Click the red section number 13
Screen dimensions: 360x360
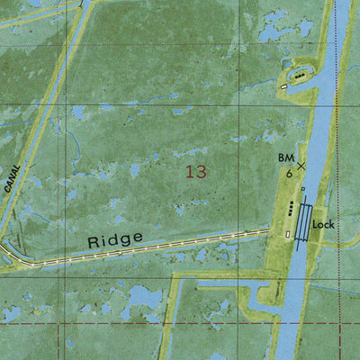click(195, 171)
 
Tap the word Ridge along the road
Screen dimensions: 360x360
click(115, 240)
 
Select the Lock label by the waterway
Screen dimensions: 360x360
click(337, 225)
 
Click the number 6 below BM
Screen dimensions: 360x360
click(288, 173)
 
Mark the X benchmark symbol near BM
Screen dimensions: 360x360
click(301, 166)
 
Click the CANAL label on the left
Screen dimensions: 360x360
click(12, 177)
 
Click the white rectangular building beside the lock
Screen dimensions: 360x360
click(287, 235)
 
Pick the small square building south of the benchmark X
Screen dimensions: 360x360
click(303, 189)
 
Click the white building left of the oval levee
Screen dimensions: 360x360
click(283, 86)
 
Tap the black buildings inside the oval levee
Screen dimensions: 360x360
click(300, 76)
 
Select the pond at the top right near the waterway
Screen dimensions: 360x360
click(270, 33)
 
